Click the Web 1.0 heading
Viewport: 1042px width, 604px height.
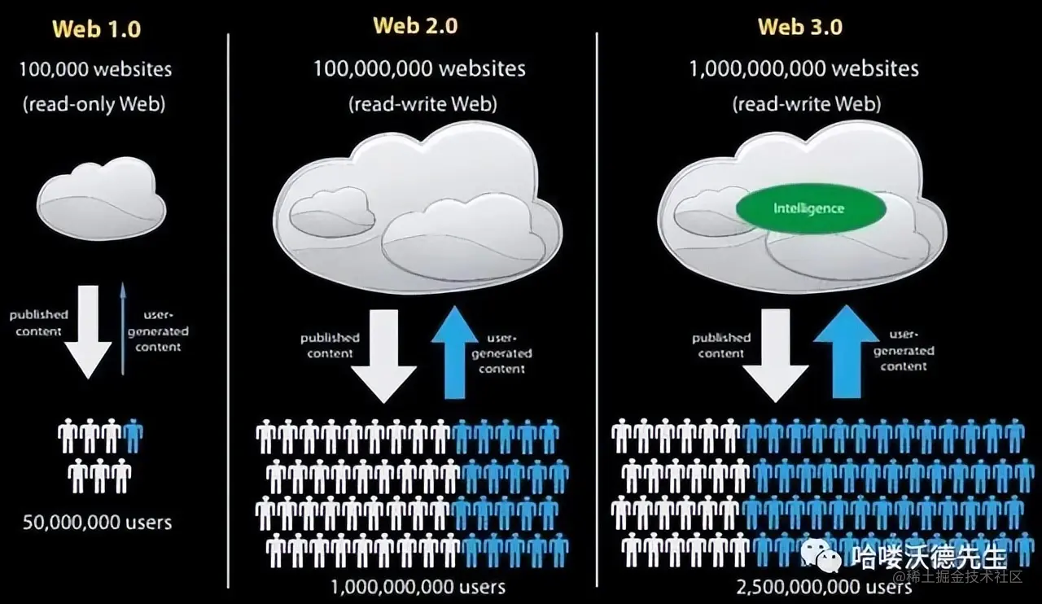(x=96, y=29)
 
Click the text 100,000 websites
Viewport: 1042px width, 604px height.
(x=95, y=69)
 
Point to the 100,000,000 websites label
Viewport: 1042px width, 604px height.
(x=419, y=68)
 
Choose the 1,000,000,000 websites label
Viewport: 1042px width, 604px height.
(x=803, y=68)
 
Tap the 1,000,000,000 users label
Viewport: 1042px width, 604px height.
(x=418, y=586)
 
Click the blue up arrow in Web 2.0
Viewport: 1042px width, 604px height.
(x=454, y=354)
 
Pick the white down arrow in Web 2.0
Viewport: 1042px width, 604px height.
(x=383, y=356)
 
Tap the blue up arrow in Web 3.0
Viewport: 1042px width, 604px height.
(x=846, y=352)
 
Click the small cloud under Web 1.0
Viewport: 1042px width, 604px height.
(x=101, y=199)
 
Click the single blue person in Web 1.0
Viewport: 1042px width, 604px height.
(x=134, y=435)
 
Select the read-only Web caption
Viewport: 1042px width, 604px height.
(x=95, y=104)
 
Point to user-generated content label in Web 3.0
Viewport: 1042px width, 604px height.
(x=904, y=350)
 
